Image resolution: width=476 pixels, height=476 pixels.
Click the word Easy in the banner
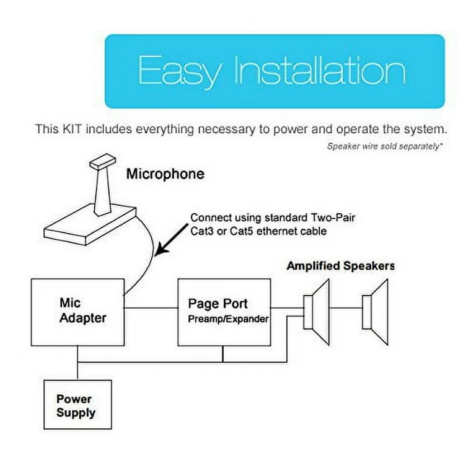coord(179,71)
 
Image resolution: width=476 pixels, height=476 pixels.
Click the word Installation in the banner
coord(319,71)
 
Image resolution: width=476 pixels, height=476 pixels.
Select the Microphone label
coord(165,174)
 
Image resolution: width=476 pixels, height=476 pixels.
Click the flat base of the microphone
coord(94,220)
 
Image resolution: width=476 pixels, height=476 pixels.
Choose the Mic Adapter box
coord(77,312)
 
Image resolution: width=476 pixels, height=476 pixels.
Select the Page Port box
coord(224,312)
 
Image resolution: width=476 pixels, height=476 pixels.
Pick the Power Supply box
coord(77,405)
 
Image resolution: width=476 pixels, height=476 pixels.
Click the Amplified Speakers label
coord(340,267)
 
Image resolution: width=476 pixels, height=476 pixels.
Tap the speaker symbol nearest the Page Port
coord(318,312)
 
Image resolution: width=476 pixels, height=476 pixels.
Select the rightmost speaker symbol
coord(377,312)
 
